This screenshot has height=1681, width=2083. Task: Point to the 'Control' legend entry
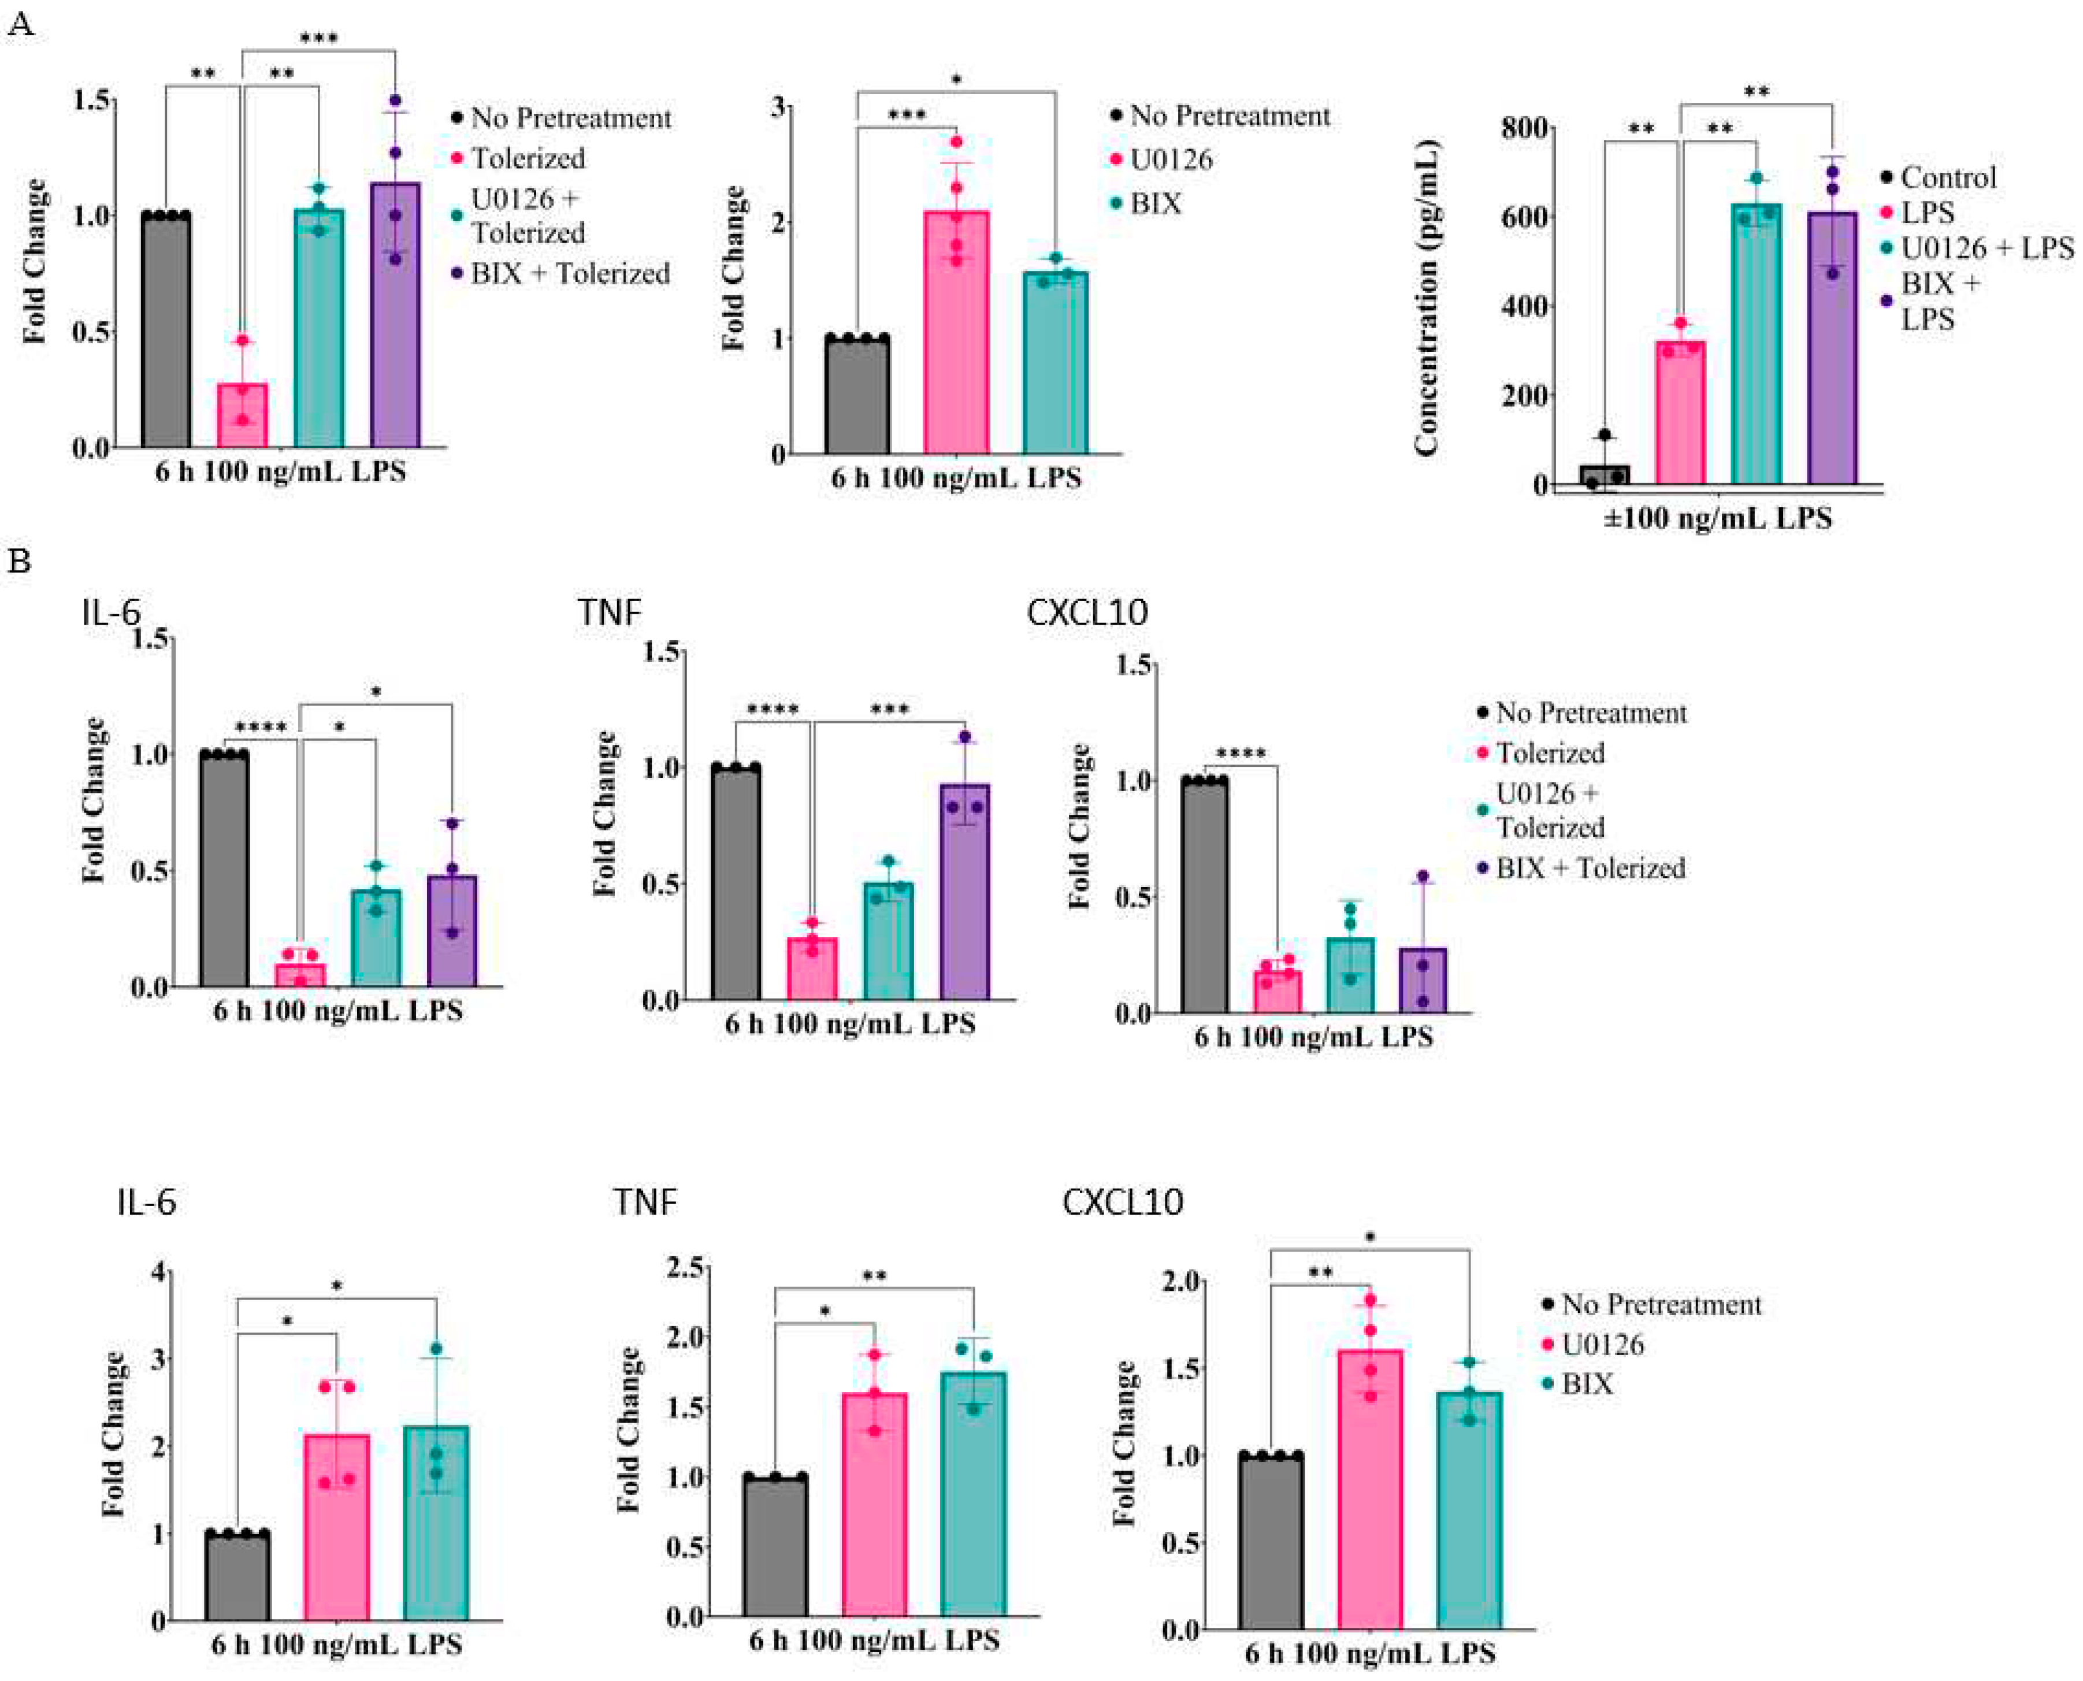coord(1947,178)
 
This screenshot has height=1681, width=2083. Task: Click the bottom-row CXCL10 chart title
coord(1122,1203)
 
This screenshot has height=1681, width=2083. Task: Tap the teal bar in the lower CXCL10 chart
coord(1469,1511)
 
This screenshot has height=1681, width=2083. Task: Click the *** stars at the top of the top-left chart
coord(318,39)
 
